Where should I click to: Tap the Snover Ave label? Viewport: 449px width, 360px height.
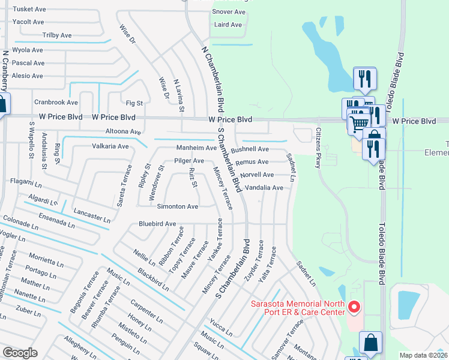pyautogui.click(x=229, y=12)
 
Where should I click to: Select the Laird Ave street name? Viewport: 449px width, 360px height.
pyautogui.click(x=228, y=25)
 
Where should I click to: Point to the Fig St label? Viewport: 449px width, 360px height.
pyautogui.click(x=134, y=103)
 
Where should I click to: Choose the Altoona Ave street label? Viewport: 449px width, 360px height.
pyautogui.click(x=122, y=131)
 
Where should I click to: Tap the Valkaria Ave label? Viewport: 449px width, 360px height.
pyautogui.click(x=110, y=146)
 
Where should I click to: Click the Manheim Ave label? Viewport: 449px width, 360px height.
pyautogui.click(x=196, y=148)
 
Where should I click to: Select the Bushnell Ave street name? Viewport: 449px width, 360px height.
pyautogui.click(x=250, y=149)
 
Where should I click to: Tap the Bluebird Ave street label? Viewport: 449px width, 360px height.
pyautogui.click(x=157, y=224)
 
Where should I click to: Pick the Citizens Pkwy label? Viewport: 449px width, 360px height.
pyautogui.click(x=319, y=144)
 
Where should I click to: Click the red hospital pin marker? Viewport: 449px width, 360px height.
pyautogui.click(x=354, y=308)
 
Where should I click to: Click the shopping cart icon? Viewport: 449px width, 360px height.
pyautogui.click(x=358, y=124)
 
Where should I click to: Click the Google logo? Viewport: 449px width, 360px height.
pyautogui.click(x=20, y=352)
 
